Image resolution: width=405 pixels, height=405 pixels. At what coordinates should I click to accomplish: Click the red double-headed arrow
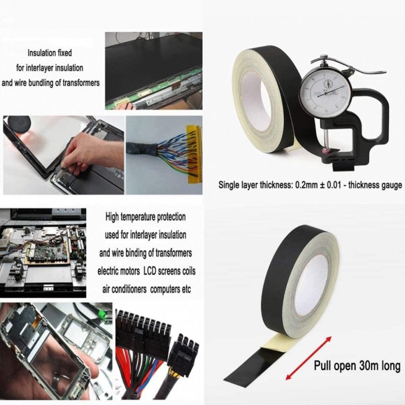click(308, 358)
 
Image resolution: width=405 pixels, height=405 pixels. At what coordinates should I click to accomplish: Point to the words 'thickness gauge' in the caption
click(375, 185)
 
